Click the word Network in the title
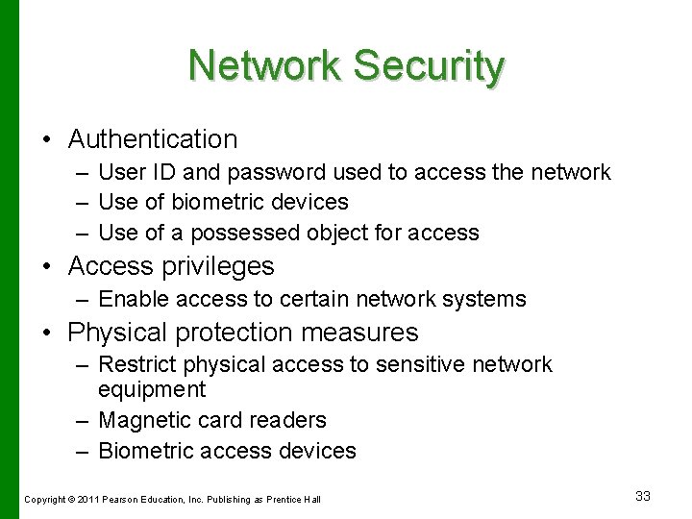click(x=264, y=66)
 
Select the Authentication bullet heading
click(x=153, y=139)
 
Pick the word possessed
click(x=244, y=233)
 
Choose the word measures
click(x=366, y=333)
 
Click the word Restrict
click(x=136, y=364)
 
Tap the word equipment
click(x=152, y=389)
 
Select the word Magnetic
click(x=140, y=420)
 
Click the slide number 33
click(x=643, y=496)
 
